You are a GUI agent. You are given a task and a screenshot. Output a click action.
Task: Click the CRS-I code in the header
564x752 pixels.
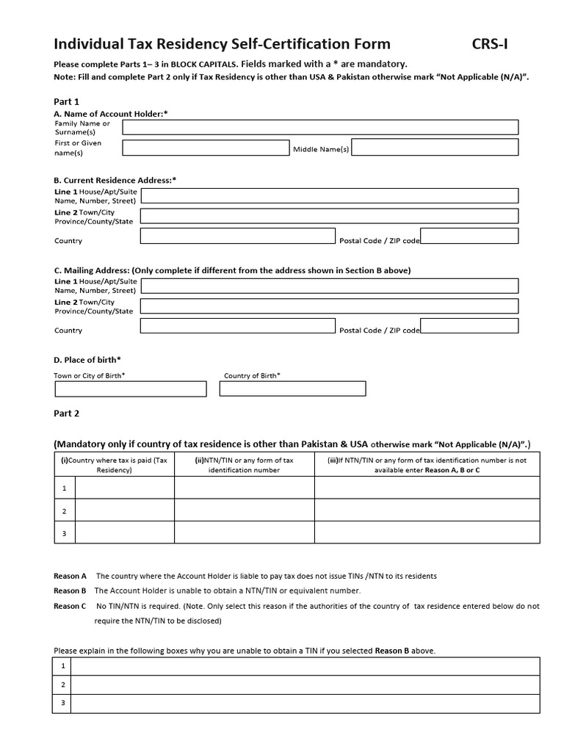pos(489,44)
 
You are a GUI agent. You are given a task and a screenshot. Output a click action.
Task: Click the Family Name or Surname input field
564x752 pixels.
pos(320,128)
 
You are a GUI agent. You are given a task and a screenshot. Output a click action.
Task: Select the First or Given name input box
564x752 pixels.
pos(206,148)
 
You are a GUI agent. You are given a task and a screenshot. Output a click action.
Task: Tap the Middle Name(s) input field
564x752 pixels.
pos(435,148)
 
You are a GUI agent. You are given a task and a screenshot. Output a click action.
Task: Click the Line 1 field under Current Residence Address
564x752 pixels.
pos(329,195)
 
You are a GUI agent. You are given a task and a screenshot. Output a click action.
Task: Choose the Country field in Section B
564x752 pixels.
pos(237,236)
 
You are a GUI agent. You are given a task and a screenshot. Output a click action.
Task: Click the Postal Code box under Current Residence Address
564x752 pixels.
pos(469,236)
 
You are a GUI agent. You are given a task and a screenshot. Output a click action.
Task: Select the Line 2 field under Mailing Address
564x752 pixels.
pos(329,305)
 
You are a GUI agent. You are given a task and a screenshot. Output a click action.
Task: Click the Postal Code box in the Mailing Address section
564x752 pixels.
pos(469,325)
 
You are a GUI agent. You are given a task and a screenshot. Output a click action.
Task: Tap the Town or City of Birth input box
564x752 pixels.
pos(131,388)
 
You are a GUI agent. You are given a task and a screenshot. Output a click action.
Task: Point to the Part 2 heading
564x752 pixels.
pos(67,413)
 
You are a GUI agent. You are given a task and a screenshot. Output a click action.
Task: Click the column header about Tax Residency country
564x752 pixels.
pos(115,465)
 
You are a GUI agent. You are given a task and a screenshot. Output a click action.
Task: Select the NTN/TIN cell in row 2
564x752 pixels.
pos(244,510)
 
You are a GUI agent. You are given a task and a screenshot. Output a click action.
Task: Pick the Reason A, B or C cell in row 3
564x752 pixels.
pos(427,532)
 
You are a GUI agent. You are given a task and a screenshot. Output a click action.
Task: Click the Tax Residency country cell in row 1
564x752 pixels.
pos(125,488)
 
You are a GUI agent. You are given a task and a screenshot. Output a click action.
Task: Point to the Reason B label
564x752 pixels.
pos(70,590)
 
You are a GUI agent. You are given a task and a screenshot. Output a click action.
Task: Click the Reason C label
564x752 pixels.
pos(70,606)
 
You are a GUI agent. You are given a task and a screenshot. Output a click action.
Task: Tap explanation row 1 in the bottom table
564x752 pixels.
pos(305,666)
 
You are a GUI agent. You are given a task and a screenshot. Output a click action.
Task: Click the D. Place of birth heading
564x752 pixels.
pos(87,359)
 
